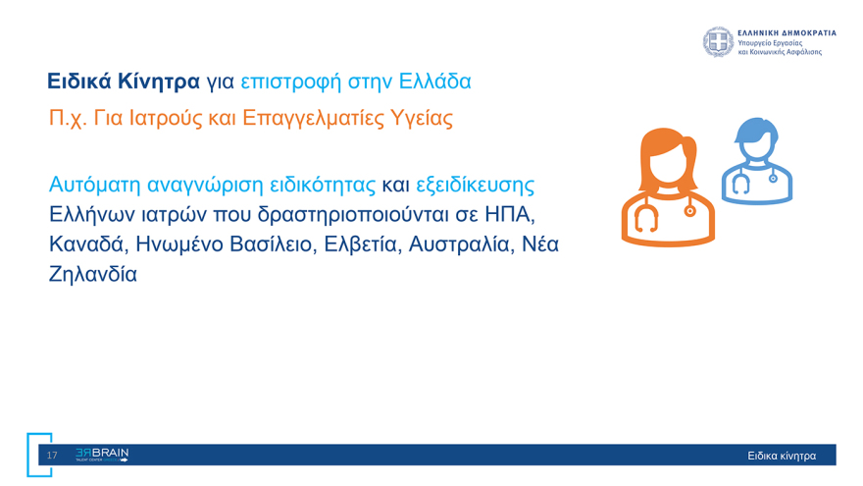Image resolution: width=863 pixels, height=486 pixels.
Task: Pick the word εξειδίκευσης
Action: click(475, 185)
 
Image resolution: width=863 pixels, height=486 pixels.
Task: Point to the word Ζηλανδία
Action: click(93, 274)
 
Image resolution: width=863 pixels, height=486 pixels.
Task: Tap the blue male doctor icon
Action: click(756, 161)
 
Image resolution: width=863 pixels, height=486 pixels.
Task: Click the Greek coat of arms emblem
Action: click(718, 42)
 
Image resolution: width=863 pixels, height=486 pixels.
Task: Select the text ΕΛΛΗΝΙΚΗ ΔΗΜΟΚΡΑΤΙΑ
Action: click(787, 32)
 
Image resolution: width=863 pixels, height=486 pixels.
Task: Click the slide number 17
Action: click(52, 455)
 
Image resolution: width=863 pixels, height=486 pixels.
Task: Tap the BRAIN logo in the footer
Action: click(102, 455)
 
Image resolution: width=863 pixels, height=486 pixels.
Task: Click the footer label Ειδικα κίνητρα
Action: click(781, 456)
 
